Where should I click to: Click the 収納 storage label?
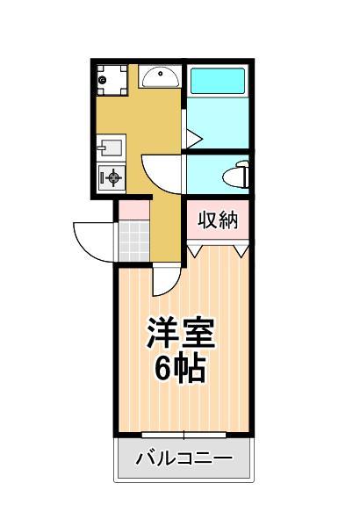pos(218,220)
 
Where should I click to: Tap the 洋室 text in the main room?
pos(181,333)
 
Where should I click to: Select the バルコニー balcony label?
pos(184,459)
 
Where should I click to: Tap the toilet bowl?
pos(239,173)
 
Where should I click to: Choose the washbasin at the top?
pos(159,77)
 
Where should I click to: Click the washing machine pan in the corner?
pos(112,80)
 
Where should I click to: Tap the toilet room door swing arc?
pos(163,171)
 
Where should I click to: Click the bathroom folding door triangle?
pos(193,136)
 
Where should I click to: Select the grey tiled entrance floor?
pos(133,240)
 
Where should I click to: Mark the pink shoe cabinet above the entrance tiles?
pos(133,210)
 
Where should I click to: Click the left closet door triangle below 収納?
pos(198,251)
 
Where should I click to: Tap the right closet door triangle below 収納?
pos(240,251)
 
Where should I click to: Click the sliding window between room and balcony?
pos(184,434)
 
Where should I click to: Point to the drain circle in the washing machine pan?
pos(103,79)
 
